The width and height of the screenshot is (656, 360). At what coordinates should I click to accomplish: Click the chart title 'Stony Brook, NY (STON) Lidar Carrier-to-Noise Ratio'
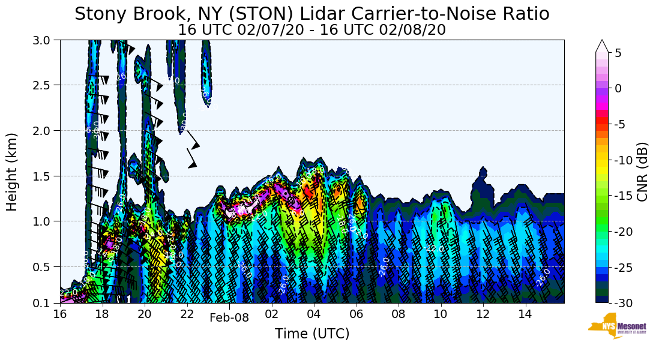pyautogui.click(x=312, y=14)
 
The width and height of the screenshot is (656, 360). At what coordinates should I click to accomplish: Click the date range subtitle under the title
pyautogui.click(x=312, y=29)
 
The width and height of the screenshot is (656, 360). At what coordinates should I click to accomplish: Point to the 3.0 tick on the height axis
pyautogui.click(x=46, y=40)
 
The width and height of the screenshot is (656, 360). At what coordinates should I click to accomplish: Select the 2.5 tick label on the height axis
pyautogui.click(x=46, y=85)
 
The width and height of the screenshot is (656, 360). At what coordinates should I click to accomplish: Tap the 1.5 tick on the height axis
pyautogui.click(x=46, y=176)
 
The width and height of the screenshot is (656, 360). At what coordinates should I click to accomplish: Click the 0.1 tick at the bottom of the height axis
pyautogui.click(x=46, y=303)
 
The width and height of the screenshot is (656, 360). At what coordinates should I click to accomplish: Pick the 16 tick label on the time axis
pyautogui.click(x=60, y=314)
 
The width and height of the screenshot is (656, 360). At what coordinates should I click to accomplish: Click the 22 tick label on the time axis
pyautogui.click(x=187, y=314)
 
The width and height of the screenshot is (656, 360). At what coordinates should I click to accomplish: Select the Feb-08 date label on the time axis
pyautogui.click(x=229, y=318)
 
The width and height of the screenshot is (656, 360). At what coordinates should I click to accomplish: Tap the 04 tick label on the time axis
pyautogui.click(x=314, y=314)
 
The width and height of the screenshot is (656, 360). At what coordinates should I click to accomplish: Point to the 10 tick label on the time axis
pyautogui.click(x=441, y=314)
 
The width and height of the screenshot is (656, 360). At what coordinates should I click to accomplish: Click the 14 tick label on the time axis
pyautogui.click(x=525, y=314)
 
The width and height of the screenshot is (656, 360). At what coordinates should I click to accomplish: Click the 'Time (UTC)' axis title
pyautogui.click(x=312, y=334)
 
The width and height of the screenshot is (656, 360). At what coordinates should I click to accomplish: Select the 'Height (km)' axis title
pyautogui.click(x=13, y=172)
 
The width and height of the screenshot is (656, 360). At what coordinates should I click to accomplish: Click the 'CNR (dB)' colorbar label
pyautogui.click(x=642, y=172)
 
